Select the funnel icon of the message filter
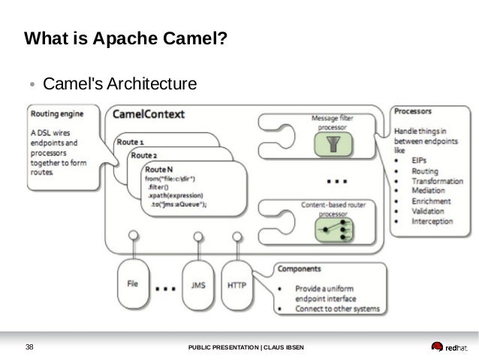[327, 145]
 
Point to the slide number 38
[30, 347]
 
